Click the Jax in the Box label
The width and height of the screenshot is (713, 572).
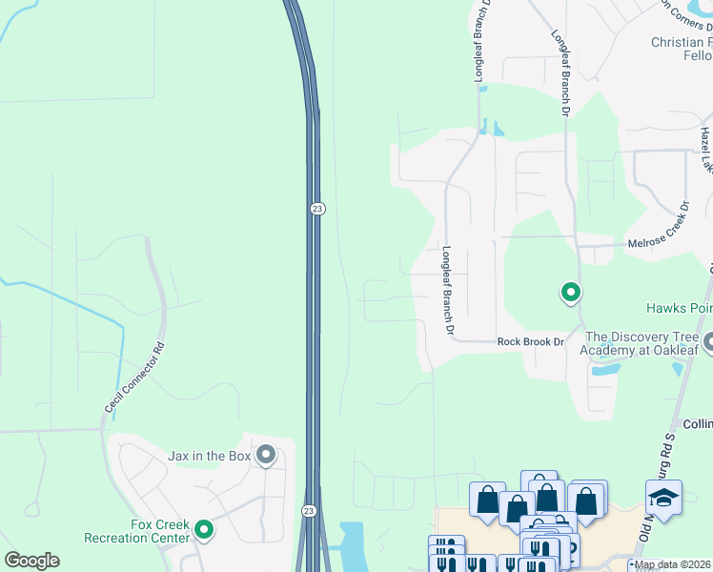coord(209,457)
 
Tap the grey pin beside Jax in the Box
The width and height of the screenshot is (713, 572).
coord(265,456)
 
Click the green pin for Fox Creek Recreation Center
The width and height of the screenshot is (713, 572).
coord(204,529)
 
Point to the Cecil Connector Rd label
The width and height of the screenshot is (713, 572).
coord(134,378)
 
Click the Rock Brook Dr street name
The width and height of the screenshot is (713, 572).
coord(531,341)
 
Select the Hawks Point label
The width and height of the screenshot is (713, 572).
coord(679,308)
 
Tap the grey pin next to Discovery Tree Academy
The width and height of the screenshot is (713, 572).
coord(707,340)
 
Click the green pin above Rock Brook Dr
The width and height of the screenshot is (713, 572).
coord(570,293)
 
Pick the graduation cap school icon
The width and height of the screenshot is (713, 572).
coord(663,498)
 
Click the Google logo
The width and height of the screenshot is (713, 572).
coord(31,561)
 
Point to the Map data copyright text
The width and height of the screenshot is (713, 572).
coord(673,564)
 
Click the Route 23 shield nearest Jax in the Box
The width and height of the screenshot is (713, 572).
coord(309,511)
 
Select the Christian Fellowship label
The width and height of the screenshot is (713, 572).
coord(681,50)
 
